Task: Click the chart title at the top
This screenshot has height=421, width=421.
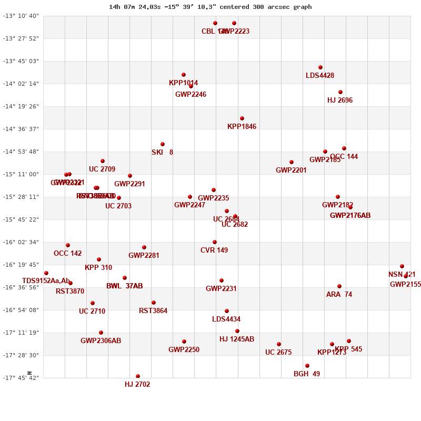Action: click(210, 7)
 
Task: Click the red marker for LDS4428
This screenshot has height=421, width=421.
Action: click(320, 67)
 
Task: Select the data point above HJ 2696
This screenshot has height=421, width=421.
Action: click(340, 92)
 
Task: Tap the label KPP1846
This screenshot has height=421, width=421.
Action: click(242, 127)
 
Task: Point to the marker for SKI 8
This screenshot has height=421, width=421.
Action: click(163, 144)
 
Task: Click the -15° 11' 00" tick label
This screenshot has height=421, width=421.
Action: click(22, 174)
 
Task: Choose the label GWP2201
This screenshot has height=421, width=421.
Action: click(291, 171)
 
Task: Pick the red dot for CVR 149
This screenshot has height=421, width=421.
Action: click(215, 242)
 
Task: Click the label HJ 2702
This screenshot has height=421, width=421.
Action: click(137, 385)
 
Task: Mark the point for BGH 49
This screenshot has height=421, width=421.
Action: click(307, 366)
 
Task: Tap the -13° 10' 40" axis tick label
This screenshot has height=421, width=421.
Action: click(22, 16)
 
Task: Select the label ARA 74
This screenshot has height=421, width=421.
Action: click(339, 295)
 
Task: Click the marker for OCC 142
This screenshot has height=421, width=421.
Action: click(68, 245)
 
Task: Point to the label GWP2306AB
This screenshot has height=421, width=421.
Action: click(101, 341)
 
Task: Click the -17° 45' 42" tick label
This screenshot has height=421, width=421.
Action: click(22, 378)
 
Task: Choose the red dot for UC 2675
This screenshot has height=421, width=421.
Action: click(279, 344)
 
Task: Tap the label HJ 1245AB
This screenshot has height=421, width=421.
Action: click(237, 339)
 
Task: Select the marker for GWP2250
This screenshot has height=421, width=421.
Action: click(184, 342)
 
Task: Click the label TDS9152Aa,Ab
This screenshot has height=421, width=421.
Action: click(46, 281)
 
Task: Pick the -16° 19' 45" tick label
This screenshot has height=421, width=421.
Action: click(22, 265)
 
